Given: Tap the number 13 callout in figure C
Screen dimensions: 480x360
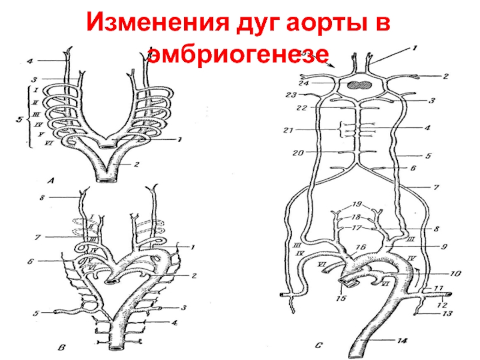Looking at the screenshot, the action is pos(448,313).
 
